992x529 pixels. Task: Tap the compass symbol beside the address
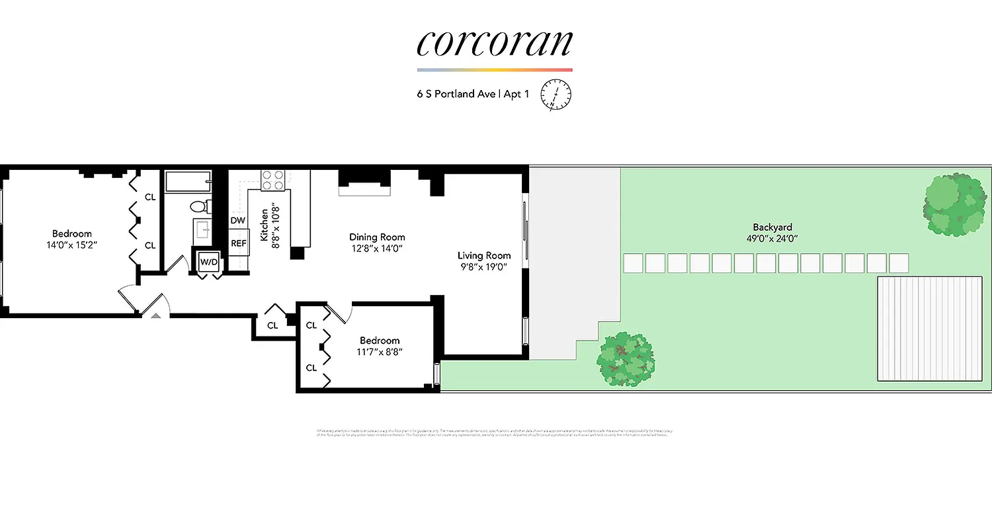point(556,94)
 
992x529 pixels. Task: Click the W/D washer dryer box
point(209,262)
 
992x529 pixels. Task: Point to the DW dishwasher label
point(238,220)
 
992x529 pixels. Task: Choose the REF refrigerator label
point(238,243)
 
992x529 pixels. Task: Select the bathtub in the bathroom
point(188,181)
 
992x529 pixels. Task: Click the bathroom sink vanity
point(202,231)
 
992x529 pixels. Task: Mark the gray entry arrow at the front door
point(155,316)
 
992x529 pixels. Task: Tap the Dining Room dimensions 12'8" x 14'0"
point(377,249)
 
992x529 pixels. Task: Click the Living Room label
point(484,255)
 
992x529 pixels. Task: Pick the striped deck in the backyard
point(929,329)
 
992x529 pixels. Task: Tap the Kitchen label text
point(265,225)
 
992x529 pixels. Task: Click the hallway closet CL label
point(272,325)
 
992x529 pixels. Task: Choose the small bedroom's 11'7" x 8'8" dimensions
point(380,352)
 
